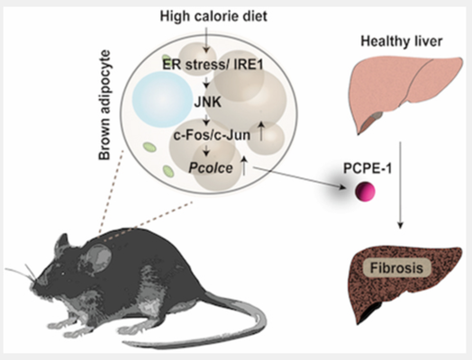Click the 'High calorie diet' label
point(213,16)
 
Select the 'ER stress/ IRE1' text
point(213,65)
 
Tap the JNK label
point(208,103)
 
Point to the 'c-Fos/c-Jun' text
point(212,135)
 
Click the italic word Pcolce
point(211,167)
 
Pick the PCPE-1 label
point(368,168)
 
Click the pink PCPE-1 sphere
point(365,192)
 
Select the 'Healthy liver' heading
point(402,40)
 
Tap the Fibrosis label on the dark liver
point(396,267)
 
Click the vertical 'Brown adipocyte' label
point(104,105)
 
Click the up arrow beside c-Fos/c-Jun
point(261,131)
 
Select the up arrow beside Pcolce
point(244,166)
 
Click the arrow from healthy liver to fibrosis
point(400,185)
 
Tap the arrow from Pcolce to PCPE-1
point(300,178)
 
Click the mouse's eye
point(63,274)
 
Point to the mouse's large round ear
point(99,257)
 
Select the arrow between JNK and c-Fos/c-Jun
point(206,120)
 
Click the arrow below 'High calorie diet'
point(206,40)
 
